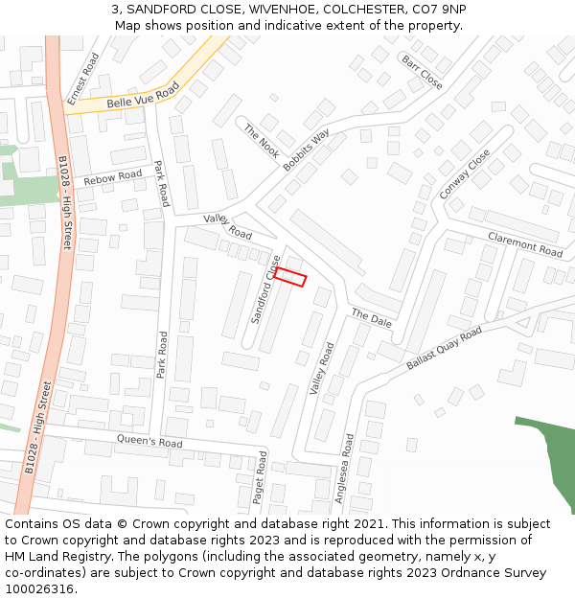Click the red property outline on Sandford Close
pos(289,277)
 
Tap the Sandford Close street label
pos(265,289)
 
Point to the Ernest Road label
pos(83,79)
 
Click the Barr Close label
pos(422,73)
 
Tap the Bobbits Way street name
pos(307,150)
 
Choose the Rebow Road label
pos(112,178)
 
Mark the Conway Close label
pos(465,173)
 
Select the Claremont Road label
pos(525,244)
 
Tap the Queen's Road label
pos(149,443)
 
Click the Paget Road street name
pos(259,478)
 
